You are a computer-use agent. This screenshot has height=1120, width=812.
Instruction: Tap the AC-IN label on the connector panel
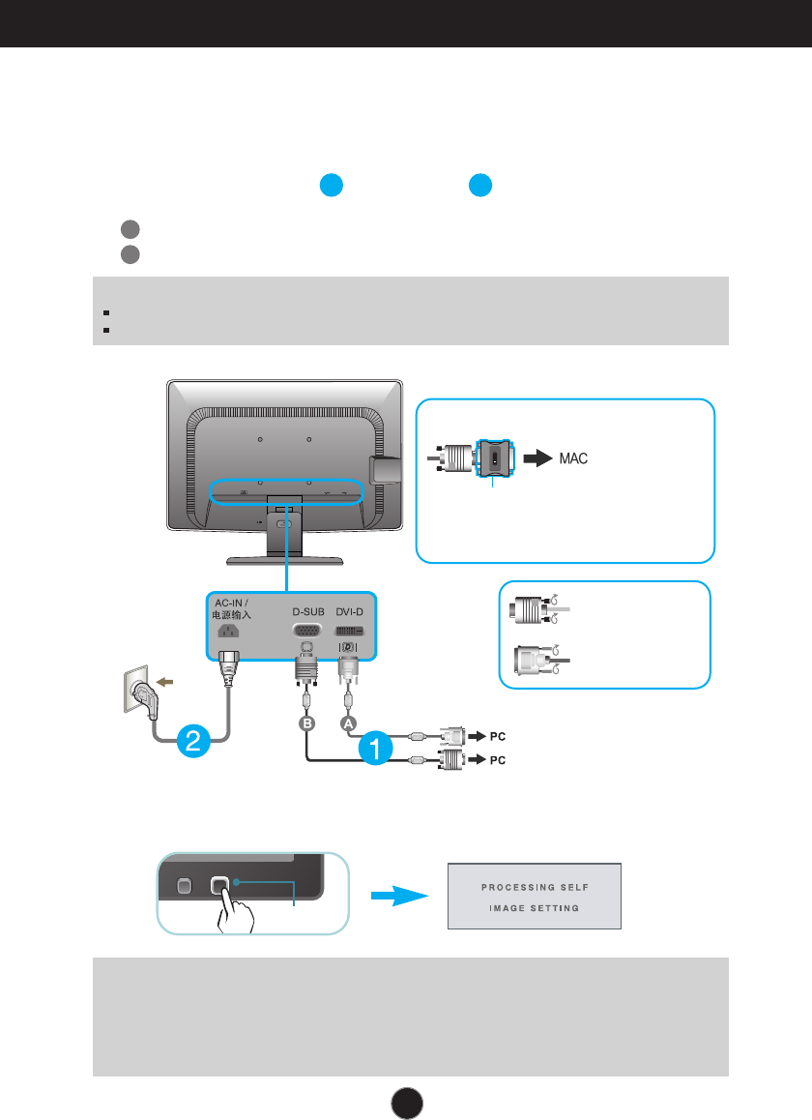coord(230,602)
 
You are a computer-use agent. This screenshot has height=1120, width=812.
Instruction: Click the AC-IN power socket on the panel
coord(230,631)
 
